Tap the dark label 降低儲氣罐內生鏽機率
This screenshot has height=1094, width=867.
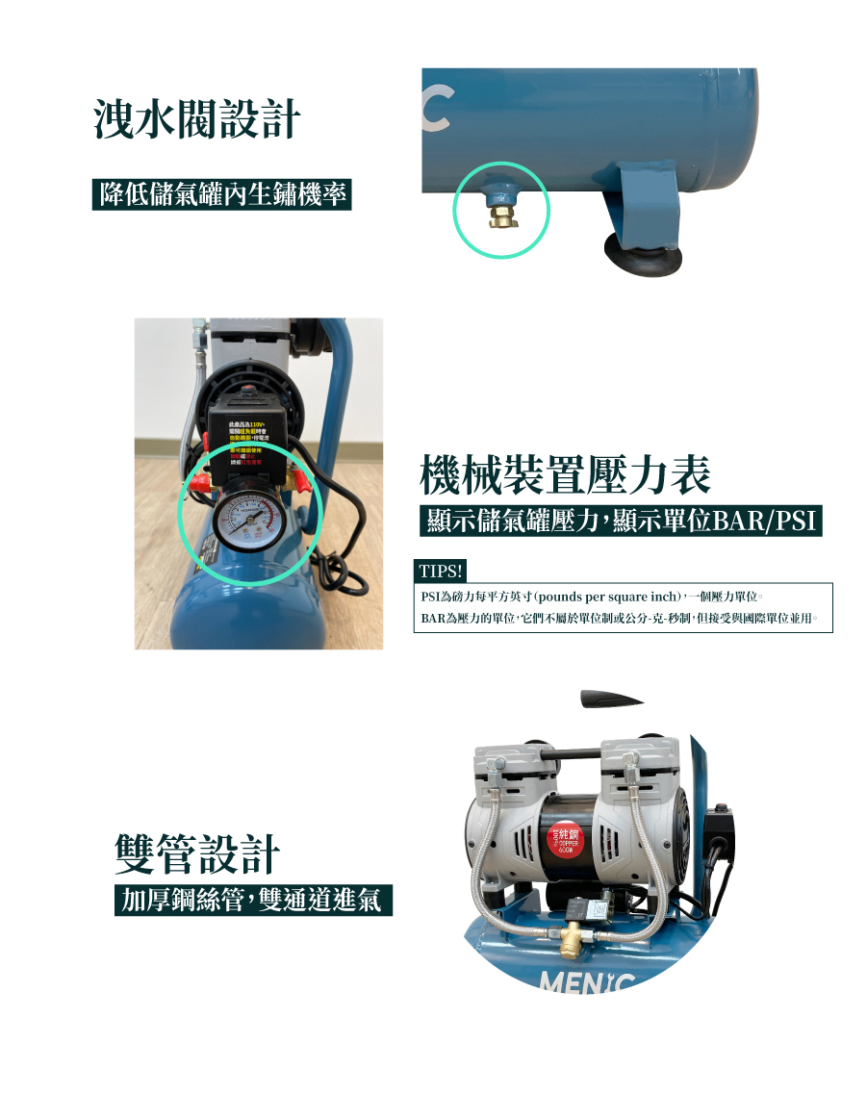pyautogui.click(x=222, y=195)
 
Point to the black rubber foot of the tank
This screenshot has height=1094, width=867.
pyautogui.click(x=642, y=253)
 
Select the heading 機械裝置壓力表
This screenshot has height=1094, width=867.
pyautogui.click(x=566, y=474)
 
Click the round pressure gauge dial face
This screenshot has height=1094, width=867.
pyautogui.click(x=248, y=521)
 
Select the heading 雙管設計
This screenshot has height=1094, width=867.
pyautogui.click(x=197, y=853)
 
